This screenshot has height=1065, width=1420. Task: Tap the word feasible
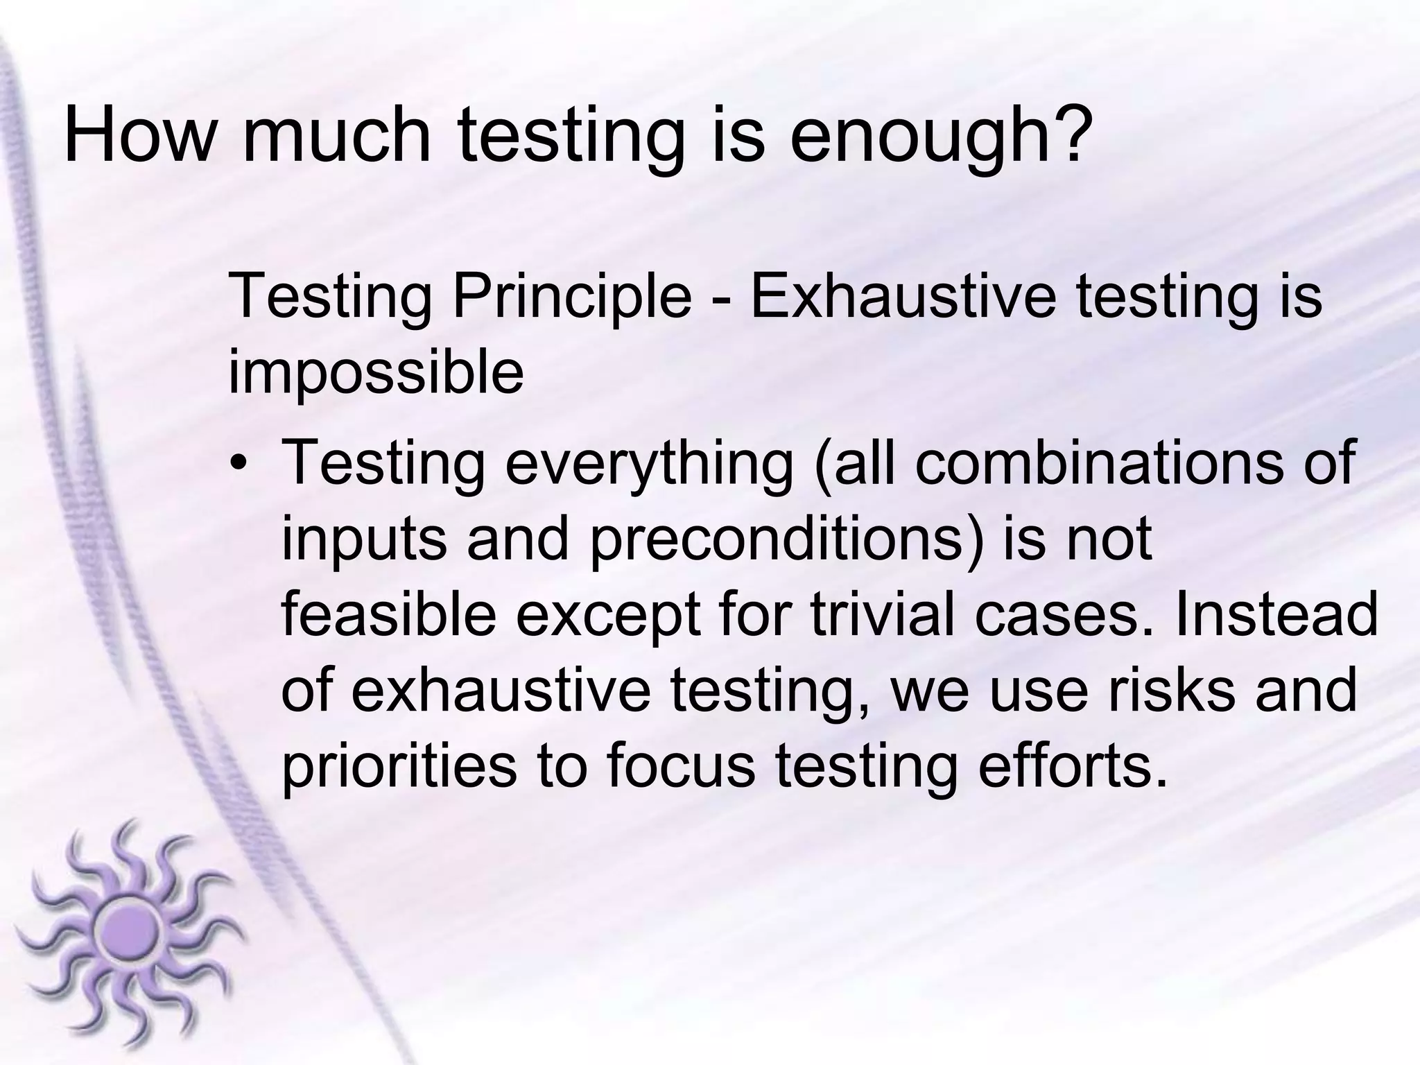coord(388,615)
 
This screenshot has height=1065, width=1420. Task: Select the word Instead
coord(1276,615)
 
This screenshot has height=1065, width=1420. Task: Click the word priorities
coord(399,768)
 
